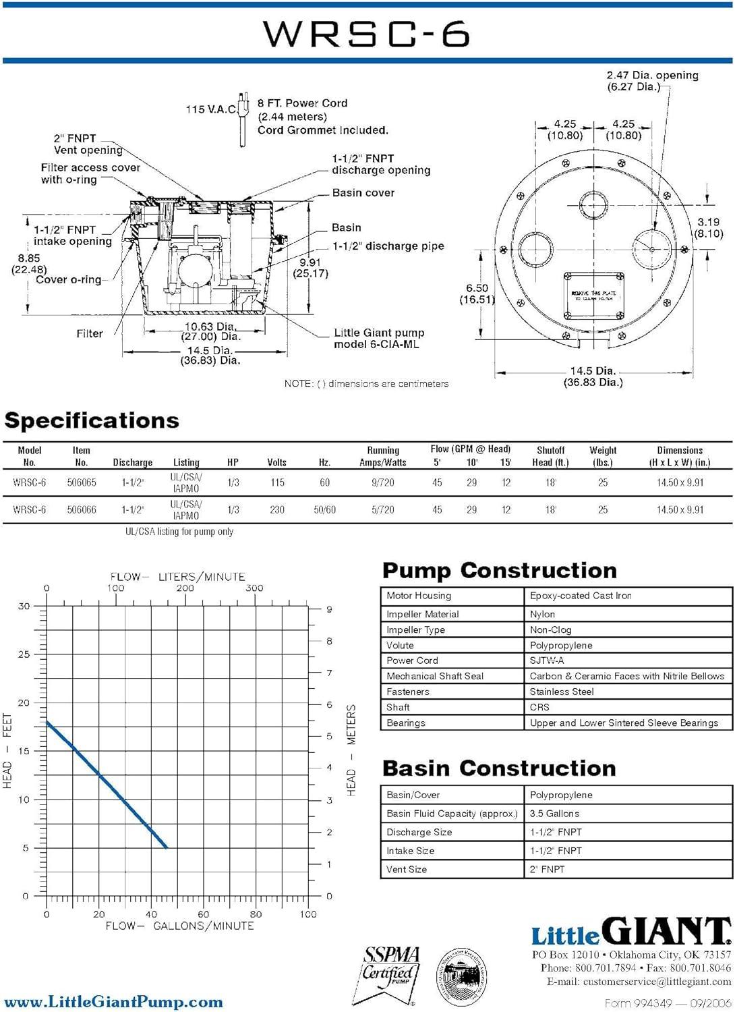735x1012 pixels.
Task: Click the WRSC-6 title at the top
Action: (x=366, y=34)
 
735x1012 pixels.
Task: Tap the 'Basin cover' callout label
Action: (x=363, y=193)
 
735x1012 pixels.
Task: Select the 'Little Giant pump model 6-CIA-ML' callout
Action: (x=378, y=339)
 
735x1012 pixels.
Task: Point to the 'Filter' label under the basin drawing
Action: (x=90, y=333)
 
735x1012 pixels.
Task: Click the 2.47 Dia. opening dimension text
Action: (x=652, y=81)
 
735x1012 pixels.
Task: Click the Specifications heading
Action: (x=92, y=420)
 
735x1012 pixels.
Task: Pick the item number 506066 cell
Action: (x=82, y=510)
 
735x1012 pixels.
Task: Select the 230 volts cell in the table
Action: (x=276, y=510)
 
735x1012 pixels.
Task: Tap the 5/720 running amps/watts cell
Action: (x=382, y=510)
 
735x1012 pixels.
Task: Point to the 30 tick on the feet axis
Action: (x=24, y=606)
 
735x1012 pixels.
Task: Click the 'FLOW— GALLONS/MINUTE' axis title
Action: (x=179, y=926)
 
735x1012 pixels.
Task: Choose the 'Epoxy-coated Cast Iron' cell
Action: (x=581, y=596)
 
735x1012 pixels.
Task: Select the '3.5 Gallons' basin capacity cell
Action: (x=554, y=814)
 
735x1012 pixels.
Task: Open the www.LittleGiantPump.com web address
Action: (x=113, y=1002)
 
